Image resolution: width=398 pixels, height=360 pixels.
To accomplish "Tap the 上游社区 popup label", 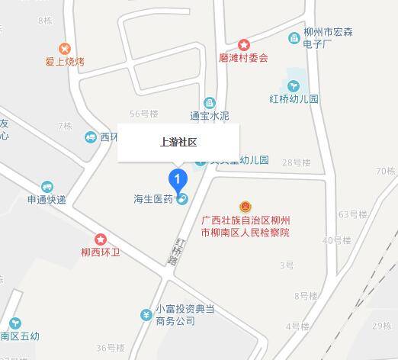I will pos(178,142).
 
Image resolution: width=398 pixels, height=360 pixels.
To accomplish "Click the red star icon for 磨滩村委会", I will pos(244,45).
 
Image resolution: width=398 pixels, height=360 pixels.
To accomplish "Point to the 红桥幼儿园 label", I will pos(293,99).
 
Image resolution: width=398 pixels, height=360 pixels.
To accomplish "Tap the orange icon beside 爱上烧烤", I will pos(65,48).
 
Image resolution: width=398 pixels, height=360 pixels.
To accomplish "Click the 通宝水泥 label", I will pos(209,117).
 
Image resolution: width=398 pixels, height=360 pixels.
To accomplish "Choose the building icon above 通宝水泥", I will pos(209,103).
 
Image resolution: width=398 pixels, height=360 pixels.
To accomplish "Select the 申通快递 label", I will pos(47,201).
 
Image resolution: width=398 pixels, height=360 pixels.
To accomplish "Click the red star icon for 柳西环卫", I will pos(101,239).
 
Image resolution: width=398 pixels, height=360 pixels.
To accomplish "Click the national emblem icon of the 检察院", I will pos(246,206).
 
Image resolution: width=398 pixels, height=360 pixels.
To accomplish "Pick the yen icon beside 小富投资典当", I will pos(145,314).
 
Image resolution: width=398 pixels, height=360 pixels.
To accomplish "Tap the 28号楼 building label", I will pos(297,162).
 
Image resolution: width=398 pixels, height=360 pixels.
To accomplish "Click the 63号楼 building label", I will pos(353,214).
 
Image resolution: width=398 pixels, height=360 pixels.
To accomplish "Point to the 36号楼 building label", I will pos(110,348).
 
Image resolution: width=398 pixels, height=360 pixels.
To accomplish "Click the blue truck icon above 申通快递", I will pos(47,187).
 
